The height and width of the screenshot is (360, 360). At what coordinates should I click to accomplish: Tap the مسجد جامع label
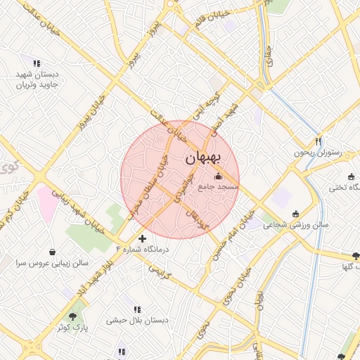(218, 187)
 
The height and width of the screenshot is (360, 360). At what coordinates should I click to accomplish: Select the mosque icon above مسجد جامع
(218, 176)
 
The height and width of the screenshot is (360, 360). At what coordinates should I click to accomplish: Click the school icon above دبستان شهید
(37, 63)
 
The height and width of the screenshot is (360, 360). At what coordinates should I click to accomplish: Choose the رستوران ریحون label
(317, 153)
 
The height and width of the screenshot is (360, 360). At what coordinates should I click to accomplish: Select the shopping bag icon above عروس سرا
(52, 251)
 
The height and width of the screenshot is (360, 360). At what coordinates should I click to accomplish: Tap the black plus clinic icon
(143, 238)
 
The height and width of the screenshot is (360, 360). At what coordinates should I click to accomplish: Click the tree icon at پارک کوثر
(72, 316)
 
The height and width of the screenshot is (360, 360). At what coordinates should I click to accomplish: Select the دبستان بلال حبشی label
(138, 321)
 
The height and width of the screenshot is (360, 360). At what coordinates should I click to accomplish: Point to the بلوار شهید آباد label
(101, 276)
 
